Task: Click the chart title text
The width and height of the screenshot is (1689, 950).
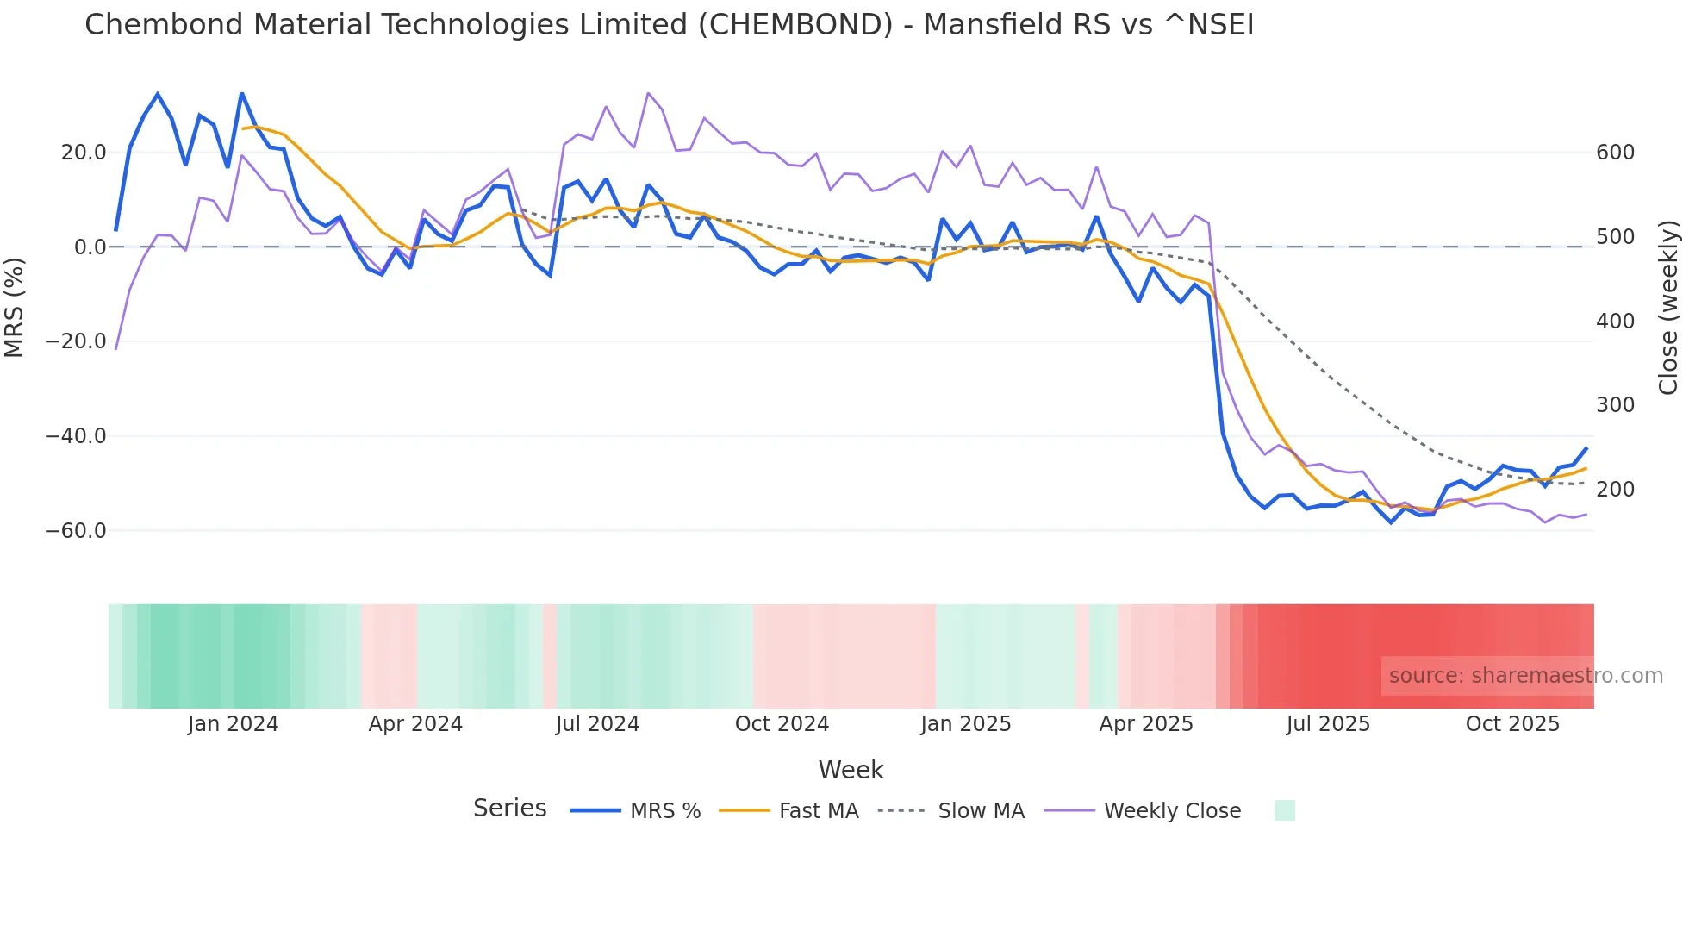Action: coord(669,25)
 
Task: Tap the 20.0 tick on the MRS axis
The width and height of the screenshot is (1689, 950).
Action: coord(84,153)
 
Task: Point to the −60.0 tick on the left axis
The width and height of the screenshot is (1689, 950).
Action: coord(76,531)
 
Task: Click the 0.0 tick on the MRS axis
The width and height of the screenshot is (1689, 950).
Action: coord(90,247)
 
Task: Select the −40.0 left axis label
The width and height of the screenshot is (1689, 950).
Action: coord(76,436)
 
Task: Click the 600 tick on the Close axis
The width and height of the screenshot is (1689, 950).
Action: coord(1615,153)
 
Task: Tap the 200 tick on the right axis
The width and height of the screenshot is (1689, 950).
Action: coord(1615,490)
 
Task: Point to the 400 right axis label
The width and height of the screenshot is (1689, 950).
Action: coord(1615,322)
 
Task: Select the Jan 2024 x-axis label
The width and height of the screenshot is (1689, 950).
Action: coord(233,724)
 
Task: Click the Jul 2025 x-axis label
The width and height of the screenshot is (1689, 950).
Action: coord(1328,724)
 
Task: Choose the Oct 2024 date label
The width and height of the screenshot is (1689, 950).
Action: coord(782,724)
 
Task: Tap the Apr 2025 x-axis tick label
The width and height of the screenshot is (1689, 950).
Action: coord(1146,724)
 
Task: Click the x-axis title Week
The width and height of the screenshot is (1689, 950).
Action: coord(851,770)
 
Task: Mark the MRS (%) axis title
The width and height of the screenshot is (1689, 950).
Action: coord(15,308)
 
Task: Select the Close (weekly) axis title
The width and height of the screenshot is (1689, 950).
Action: coord(1669,308)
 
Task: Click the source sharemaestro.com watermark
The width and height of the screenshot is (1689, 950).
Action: coord(1525,676)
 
